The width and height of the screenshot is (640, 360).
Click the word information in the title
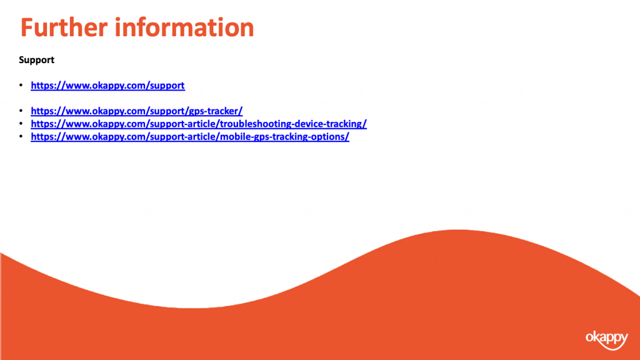click(184, 27)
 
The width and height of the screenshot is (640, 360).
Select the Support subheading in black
click(36, 61)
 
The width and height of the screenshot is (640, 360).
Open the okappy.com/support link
click(107, 85)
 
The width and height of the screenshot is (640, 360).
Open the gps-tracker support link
click(137, 111)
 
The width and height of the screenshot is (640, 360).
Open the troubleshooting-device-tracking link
click(199, 124)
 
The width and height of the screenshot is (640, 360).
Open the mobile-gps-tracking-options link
click(190, 137)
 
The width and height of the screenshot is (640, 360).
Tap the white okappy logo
click(606, 339)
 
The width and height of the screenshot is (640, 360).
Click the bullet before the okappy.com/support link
click(21, 85)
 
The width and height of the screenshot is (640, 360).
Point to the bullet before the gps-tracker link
click(21, 111)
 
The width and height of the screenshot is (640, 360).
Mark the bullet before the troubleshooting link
click(21, 123)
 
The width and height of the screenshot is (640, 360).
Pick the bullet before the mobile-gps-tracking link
click(21, 136)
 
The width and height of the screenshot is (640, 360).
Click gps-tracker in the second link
click(214, 111)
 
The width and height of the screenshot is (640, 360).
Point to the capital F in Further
click(26, 27)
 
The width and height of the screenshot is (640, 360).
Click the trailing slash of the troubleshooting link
click(365, 124)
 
